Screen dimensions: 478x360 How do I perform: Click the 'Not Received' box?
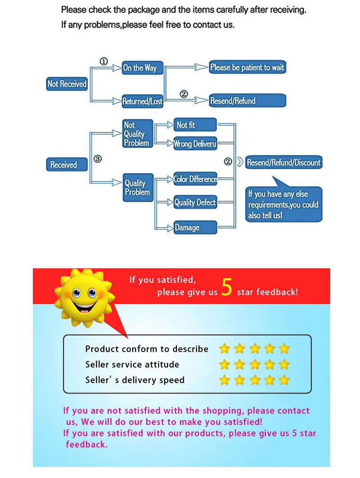(67, 84)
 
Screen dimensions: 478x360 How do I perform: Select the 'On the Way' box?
(142, 68)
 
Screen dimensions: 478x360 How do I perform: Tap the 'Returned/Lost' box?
(142, 101)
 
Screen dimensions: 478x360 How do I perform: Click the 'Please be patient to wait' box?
(247, 68)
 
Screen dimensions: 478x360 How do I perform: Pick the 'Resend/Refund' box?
(247, 101)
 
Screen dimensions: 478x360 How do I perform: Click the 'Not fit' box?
(195, 125)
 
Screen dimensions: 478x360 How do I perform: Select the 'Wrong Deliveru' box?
(195, 144)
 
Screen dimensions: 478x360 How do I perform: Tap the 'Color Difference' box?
(195, 179)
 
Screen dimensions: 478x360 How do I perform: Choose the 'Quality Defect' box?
(195, 203)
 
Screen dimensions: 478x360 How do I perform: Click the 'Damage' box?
(195, 227)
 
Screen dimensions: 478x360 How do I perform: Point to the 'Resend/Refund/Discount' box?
(283, 162)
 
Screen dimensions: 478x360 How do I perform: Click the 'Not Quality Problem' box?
(137, 134)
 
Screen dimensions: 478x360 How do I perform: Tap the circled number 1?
(104, 62)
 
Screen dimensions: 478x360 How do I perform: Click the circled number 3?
(98, 159)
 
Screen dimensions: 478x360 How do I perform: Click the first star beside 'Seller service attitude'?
(224, 365)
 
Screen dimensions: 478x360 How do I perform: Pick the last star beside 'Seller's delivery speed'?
(284, 380)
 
